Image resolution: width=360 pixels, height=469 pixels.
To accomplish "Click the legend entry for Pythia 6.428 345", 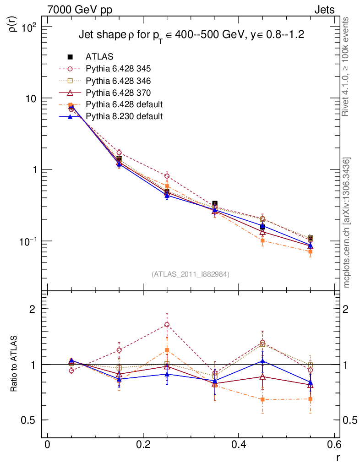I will pos(118,69).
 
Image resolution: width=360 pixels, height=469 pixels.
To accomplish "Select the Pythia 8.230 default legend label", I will pos(124,116).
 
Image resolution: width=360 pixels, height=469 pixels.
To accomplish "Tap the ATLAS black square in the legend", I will pos(71,57).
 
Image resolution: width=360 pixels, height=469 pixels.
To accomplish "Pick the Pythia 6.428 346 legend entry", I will pos(118,81).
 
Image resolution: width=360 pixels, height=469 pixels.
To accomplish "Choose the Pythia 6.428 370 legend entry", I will pos(118,93).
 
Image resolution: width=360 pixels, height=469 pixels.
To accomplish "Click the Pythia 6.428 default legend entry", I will pos(124,104).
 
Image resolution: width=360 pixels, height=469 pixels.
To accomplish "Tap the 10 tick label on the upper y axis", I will pos(33,98).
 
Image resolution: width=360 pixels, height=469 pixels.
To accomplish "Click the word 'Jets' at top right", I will pos(324,10).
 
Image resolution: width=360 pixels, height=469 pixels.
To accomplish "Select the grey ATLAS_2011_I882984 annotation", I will pos(191,274).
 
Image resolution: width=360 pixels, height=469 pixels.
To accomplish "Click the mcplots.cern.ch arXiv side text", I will pos(347,222).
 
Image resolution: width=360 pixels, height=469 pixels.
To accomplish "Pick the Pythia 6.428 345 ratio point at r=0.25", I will pos(167,325).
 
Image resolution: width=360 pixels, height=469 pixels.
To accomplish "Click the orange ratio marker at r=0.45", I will pos(262,399).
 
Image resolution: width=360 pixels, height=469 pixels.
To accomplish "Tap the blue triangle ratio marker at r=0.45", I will pos(262,361).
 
